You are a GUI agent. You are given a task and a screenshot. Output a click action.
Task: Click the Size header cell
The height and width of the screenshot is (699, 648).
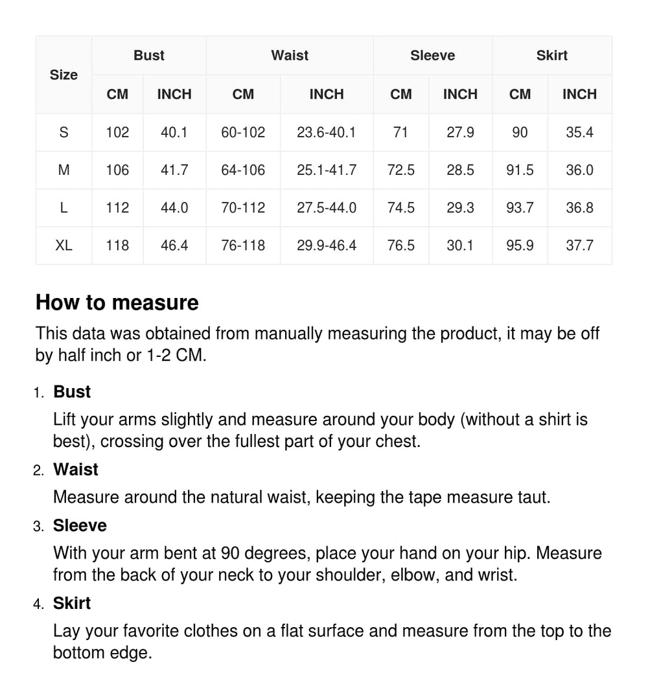[x=64, y=75]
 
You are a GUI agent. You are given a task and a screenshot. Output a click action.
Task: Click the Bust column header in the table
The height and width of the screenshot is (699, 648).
[x=149, y=56]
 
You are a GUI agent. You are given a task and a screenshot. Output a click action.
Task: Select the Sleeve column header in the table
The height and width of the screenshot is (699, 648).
[x=432, y=56]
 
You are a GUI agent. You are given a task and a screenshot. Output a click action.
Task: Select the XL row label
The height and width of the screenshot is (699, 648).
[x=64, y=246]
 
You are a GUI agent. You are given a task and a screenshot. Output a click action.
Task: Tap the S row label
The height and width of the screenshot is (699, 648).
[x=64, y=133]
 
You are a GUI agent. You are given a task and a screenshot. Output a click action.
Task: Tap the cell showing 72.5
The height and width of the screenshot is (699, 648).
[x=400, y=170]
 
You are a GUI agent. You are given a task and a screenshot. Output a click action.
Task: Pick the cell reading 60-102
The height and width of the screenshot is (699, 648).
[x=243, y=133]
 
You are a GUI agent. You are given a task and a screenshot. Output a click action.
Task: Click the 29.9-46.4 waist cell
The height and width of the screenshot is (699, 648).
[x=327, y=246]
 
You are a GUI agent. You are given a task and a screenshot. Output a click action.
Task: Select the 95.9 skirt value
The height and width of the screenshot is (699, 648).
[x=520, y=246]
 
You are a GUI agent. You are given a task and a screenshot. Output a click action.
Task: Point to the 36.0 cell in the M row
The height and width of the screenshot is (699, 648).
[x=579, y=170]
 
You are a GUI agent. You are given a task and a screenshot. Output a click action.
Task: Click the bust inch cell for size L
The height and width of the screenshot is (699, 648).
[x=174, y=208]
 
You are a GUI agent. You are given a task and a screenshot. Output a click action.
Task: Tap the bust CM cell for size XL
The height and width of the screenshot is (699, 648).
[x=117, y=246]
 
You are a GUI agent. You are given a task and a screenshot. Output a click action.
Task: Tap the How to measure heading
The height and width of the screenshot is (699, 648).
[x=117, y=303]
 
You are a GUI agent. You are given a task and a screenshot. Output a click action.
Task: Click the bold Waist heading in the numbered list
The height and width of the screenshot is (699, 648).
[x=76, y=469]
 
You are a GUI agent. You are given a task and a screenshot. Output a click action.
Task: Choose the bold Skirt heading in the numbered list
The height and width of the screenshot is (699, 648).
[x=72, y=603]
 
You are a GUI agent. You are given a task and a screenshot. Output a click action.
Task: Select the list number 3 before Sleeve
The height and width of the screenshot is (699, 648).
[x=38, y=527]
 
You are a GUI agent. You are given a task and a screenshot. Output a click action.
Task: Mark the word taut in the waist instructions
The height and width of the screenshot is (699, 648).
[x=533, y=497]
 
